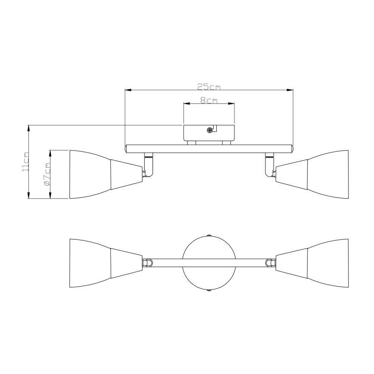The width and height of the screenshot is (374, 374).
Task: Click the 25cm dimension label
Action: click(x=209, y=87)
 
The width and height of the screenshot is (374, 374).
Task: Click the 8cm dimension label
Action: click(x=209, y=100)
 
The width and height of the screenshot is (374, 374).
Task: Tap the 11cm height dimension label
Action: click(x=26, y=162)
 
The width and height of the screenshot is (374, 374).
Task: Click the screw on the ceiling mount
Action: click(x=210, y=130)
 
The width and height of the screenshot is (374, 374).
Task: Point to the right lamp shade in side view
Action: click(x=327, y=174)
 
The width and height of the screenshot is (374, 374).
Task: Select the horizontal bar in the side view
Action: click(x=209, y=149)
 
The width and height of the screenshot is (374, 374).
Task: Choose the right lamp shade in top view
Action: click(x=327, y=263)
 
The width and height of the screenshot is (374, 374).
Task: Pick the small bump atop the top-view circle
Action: click(x=209, y=236)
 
